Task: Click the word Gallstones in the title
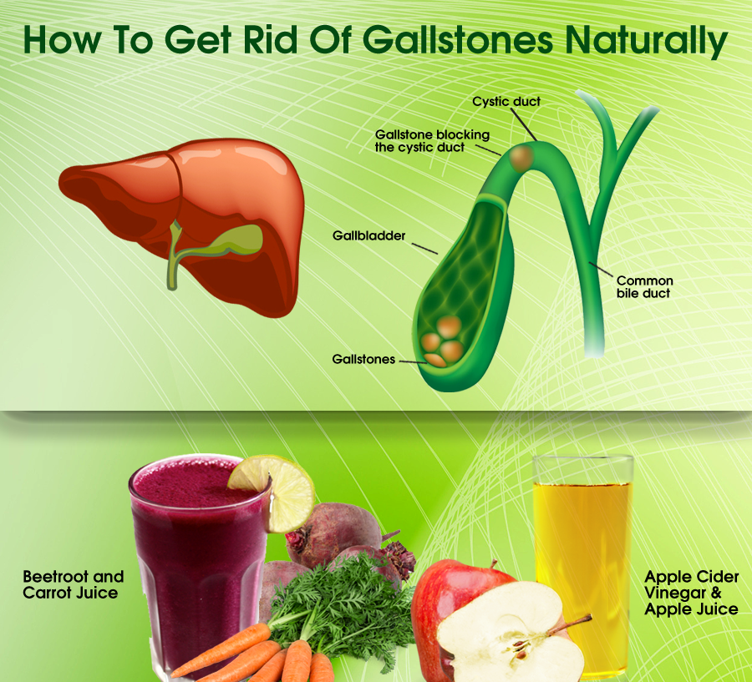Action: (x=458, y=39)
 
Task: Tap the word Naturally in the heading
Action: (x=646, y=41)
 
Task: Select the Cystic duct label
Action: (x=506, y=102)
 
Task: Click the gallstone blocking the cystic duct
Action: (x=521, y=158)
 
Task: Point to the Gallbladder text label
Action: (x=368, y=235)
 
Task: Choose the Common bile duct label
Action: (x=644, y=286)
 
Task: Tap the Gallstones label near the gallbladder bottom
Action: (x=363, y=360)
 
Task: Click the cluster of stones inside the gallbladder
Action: (x=442, y=341)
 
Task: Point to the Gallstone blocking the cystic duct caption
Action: (x=432, y=141)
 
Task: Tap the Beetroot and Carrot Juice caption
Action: (x=73, y=584)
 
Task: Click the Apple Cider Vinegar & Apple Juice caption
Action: (x=691, y=593)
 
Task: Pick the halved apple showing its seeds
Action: (x=508, y=633)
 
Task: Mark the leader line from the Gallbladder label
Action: (x=425, y=248)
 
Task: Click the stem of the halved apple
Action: (x=570, y=624)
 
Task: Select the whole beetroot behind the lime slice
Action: (x=336, y=532)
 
